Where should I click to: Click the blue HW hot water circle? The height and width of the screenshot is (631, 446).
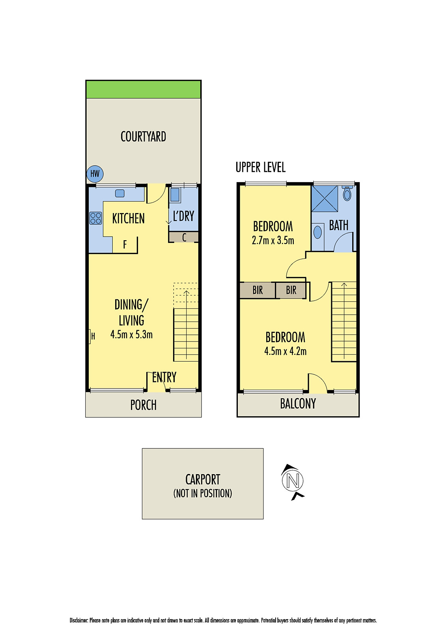tap(95, 174)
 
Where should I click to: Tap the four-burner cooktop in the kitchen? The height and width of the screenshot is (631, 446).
tap(96, 218)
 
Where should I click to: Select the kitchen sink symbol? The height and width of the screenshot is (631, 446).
tap(119, 193)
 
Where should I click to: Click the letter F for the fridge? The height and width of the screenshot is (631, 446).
tap(125, 245)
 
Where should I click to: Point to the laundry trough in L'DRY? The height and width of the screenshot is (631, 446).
tap(175, 195)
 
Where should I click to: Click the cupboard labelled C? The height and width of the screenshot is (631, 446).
tap(184, 237)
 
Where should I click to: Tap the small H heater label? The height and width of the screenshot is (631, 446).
tap(93, 336)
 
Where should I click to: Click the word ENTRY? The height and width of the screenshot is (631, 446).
tap(164, 377)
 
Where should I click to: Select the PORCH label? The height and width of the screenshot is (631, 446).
tap(144, 405)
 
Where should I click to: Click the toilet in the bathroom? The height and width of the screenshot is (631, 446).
tap(347, 194)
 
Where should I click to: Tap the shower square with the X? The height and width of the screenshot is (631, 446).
tap(325, 198)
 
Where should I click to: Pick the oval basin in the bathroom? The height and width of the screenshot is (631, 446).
tap(317, 232)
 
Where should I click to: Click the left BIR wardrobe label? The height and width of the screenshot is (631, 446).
tap(258, 290)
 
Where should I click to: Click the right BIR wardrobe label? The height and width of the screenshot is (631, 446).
tap(291, 290)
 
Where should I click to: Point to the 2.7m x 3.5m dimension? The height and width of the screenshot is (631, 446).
tap(273, 241)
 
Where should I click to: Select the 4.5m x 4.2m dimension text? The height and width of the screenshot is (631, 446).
tap(285, 351)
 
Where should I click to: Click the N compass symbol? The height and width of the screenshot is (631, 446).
tap(293, 481)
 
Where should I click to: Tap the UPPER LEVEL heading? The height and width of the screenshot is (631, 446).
tap(260, 167)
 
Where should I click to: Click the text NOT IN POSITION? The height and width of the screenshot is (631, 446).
tap(203, 493)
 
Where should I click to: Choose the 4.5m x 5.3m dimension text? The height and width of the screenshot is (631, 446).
tap(131, 335)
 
